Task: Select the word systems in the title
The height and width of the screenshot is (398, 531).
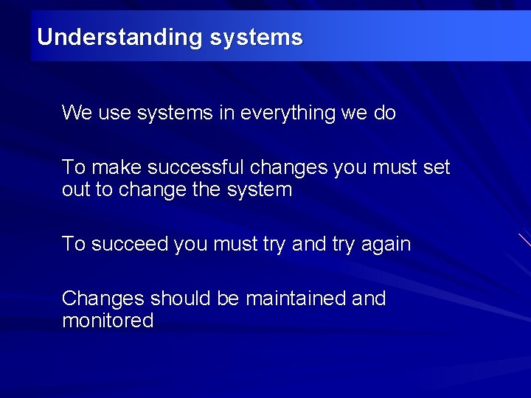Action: point(256,38)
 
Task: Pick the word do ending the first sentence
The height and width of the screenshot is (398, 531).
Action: point(385,114)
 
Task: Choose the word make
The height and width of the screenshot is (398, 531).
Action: point(114,167)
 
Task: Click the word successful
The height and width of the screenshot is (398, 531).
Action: point(193,167)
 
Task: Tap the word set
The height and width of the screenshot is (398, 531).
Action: point(437,167)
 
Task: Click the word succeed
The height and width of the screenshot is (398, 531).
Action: point(130,244)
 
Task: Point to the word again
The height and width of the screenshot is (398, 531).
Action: point(386,244)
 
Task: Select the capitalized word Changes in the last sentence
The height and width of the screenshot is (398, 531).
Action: point(103,298)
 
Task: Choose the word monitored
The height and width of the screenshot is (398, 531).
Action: point(108,321)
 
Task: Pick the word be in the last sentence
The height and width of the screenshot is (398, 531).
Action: point(229,298)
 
